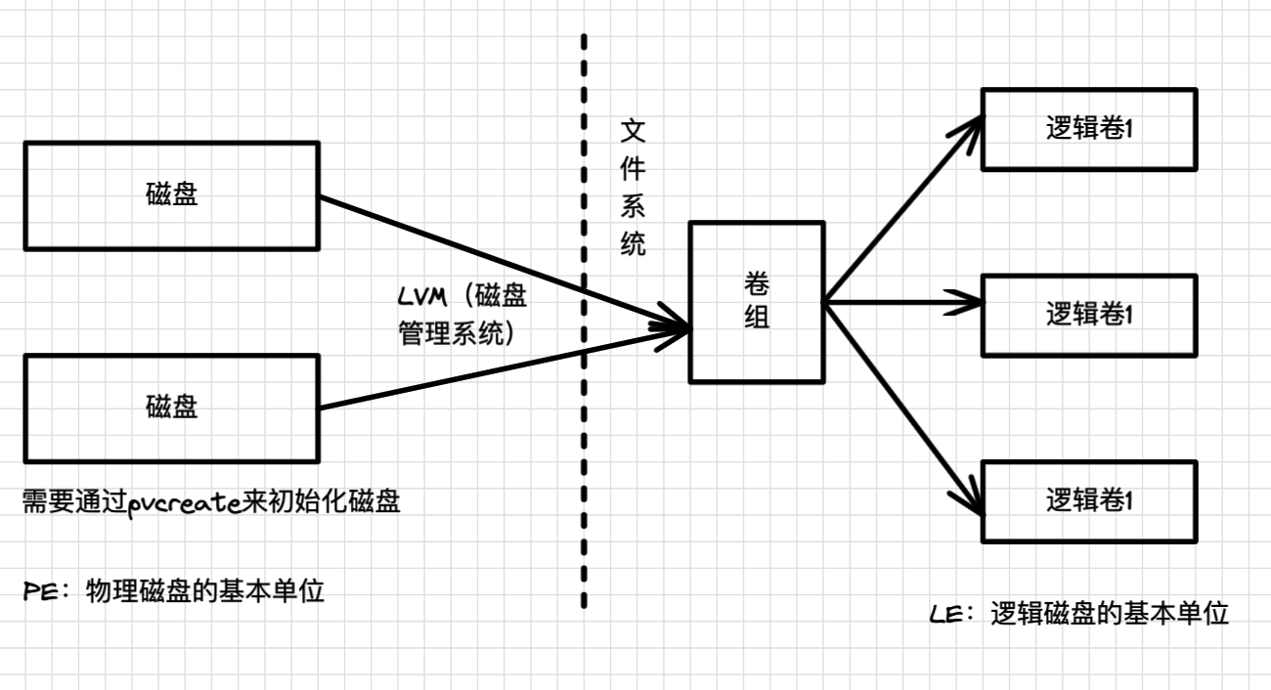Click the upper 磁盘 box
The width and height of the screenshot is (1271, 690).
coord(171,195)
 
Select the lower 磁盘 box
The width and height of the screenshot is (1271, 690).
coord(171,408)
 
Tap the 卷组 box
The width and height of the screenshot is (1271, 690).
coord(756,301)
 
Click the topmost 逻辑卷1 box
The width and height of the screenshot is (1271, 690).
coord(1088,129)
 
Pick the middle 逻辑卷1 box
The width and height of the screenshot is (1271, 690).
coord(1088,315)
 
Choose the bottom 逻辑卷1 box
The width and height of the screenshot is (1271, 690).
coord(1088,501)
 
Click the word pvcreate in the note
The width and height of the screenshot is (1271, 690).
coord(185,503)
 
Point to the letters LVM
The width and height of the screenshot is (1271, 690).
coord(424,294)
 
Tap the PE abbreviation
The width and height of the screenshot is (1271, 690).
coord(41,592)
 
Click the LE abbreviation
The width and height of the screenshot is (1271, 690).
coord(947,615)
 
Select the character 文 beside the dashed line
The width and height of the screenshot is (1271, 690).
coord(633,132)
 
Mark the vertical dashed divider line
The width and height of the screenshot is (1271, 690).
coord(584,440)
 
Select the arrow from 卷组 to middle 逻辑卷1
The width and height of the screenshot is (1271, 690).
coord(899,303)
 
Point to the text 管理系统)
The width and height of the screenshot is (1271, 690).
coord(458,332)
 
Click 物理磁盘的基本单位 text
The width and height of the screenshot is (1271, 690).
coord(204,592)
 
